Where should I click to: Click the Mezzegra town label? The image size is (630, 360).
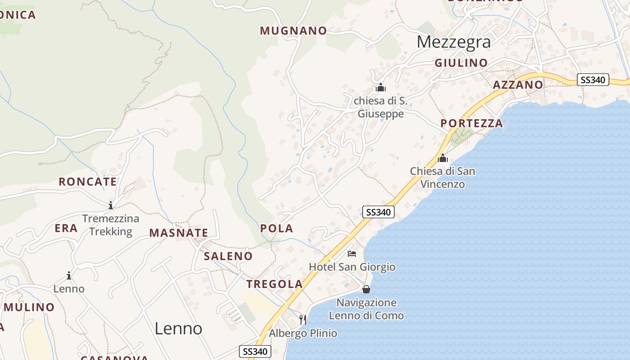[x=453, y=42]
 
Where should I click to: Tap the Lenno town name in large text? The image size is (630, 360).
[x=178, y=328]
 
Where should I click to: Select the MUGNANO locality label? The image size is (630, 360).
[x=293, y=31]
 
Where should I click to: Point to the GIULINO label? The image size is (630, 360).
[x=461, y=63]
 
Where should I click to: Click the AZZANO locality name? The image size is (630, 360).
[x=518, y=85]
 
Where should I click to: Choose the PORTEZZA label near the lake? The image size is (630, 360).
[x=472, y=123]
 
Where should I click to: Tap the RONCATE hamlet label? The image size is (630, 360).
[x=88, y=182]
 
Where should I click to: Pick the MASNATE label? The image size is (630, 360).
[x=179, y=233]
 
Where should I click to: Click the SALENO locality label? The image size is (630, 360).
[x=228, y=256]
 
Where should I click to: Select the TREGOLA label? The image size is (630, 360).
[x=274, y=284]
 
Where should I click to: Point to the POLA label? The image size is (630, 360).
[x=277, y=229]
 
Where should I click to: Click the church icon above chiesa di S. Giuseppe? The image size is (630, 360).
[x=381, y=87]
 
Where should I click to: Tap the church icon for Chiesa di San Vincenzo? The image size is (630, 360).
[x=443, y=158]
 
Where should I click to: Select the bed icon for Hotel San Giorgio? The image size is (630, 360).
[x=352, y=254]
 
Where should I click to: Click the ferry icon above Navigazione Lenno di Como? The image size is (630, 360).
[x=366, y=289]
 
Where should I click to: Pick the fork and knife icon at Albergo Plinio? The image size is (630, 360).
[x=303, y=320]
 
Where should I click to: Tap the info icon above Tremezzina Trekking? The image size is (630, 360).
[x=111, y=206]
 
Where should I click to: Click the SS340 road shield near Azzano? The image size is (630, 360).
[x=593, y=80]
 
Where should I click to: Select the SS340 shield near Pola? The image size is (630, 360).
[x=378, y=212]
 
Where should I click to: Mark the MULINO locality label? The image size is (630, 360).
[x=29, y=308]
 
